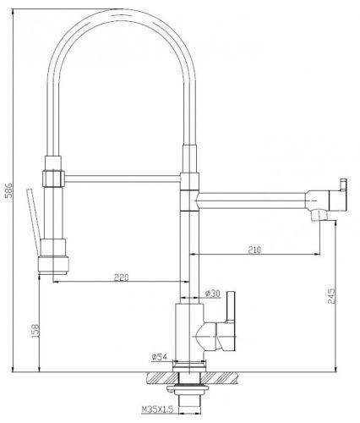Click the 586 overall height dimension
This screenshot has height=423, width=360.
point(9,190)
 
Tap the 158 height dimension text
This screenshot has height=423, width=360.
point(35,331)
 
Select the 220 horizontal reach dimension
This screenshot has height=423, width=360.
point(121,277)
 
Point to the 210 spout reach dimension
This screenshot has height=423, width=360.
point(254,250)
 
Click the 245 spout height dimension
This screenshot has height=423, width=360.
point(332,296)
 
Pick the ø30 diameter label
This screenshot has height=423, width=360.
point(213,294)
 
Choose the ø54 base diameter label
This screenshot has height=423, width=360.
point(160,357)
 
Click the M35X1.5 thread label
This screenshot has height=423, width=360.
point(157,409)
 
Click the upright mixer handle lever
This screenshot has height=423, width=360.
point(231,307)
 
